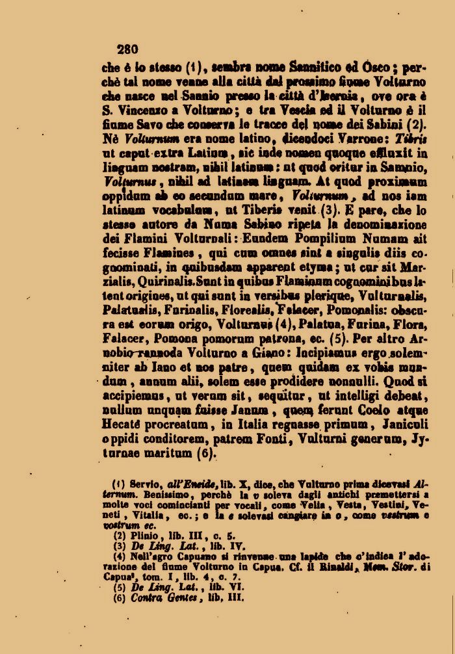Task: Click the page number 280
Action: [127, 48]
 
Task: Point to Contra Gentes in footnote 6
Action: [158, 598]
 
